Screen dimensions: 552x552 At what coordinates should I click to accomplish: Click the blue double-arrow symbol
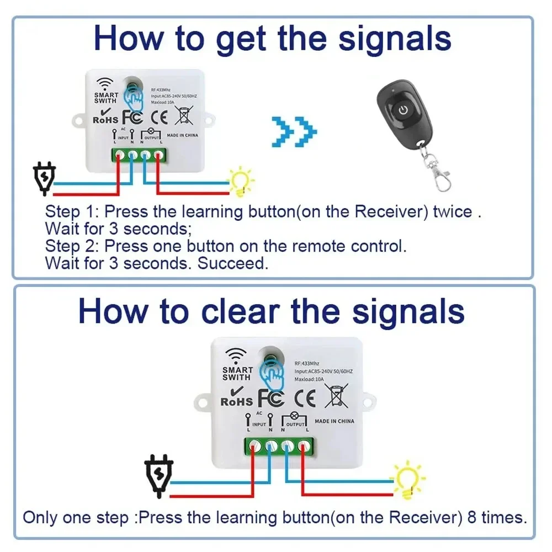[x=296, y=131]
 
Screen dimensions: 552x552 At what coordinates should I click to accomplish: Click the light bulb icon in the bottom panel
[x=408, y=480]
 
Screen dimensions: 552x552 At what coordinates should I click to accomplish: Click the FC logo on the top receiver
[x=132, y=117]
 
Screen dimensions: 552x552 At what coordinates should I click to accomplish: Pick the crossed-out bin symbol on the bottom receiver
[x=336, y=396]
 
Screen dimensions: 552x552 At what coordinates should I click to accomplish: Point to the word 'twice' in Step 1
[x=452, y=211]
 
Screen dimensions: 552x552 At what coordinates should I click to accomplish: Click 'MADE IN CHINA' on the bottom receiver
[x=335, y=421]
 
